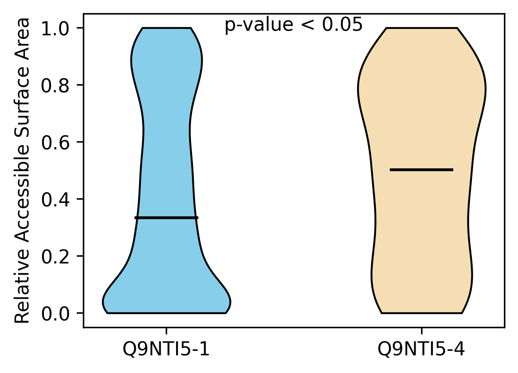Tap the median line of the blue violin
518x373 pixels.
click(x=167, y=218)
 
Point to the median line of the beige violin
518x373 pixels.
click(x=422, y=170)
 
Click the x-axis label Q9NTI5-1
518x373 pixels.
click(x=166, y=349)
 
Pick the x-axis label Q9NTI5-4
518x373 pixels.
click(x=421, y=349)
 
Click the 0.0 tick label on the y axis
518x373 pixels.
click(x=55, y=314)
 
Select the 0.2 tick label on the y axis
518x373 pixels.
click(x=55, y=256)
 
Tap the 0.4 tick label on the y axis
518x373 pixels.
click(x=55, y=200)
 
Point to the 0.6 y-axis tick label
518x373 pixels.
click(x=55, y=143)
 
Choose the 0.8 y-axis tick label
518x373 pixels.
click(x=55, y=86)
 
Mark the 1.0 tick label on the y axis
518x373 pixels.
click(x=55, y=29)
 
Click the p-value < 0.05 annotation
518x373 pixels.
click(x=294, y=25)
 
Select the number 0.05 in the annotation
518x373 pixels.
click(x=343, y=25)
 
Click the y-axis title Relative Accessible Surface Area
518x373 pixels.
click(x=23, y=171)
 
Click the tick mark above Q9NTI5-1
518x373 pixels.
click(x=167, y=331)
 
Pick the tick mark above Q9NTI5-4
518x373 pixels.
click(x=422, y=331)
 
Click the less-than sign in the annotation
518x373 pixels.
click(x=308, y=25)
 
